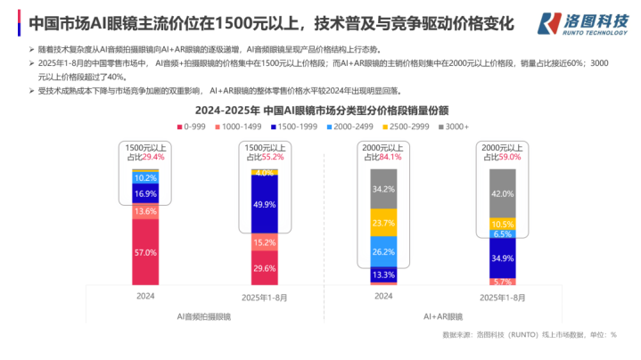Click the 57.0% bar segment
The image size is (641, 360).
[145, 251]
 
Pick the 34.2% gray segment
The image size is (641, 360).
[383, 189]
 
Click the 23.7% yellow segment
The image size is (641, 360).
[383, 223]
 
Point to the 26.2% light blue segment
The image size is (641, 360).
[383, 252]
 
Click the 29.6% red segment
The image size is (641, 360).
[265, 268]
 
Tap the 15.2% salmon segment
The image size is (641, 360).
[265, 242]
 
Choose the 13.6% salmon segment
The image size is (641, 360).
[145, 211]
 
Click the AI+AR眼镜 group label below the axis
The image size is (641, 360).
[442, 315]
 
